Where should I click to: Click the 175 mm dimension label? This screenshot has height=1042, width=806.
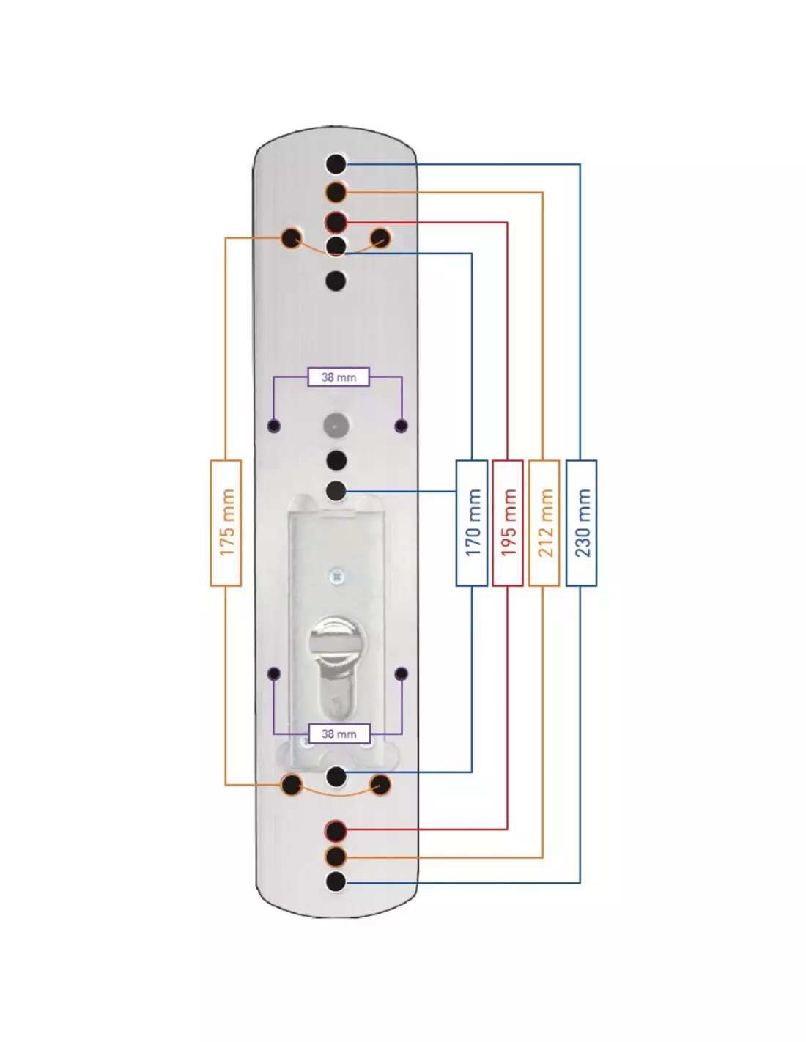(226, 522)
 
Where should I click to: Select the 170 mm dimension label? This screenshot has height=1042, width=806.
(472, 522)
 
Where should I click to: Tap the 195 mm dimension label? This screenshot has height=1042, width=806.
(508, 522)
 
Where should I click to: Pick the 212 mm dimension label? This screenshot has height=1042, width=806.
(544, 522)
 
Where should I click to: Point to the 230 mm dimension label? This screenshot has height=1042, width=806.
(582, 522)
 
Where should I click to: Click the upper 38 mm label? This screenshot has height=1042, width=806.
(338, 377)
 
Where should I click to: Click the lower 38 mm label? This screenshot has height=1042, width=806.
(338, 734)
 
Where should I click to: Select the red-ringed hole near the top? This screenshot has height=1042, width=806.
(336, 221)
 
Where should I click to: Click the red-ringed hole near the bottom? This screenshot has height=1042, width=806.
(336, 830)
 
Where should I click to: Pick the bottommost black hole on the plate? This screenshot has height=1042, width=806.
(336, 882)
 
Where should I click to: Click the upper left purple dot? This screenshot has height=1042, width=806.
(274, 425)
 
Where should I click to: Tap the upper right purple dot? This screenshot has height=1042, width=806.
(401, 425)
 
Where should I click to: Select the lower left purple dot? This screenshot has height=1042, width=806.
(274, 673)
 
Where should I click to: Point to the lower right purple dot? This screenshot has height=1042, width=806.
(401, 673)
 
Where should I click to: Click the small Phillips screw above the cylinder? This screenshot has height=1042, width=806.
(336, 576)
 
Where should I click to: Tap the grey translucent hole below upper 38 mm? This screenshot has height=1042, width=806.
(336, 424)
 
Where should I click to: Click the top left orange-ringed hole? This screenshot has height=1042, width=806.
(292, 238)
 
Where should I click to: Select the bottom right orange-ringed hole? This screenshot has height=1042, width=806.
(380, 786)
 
